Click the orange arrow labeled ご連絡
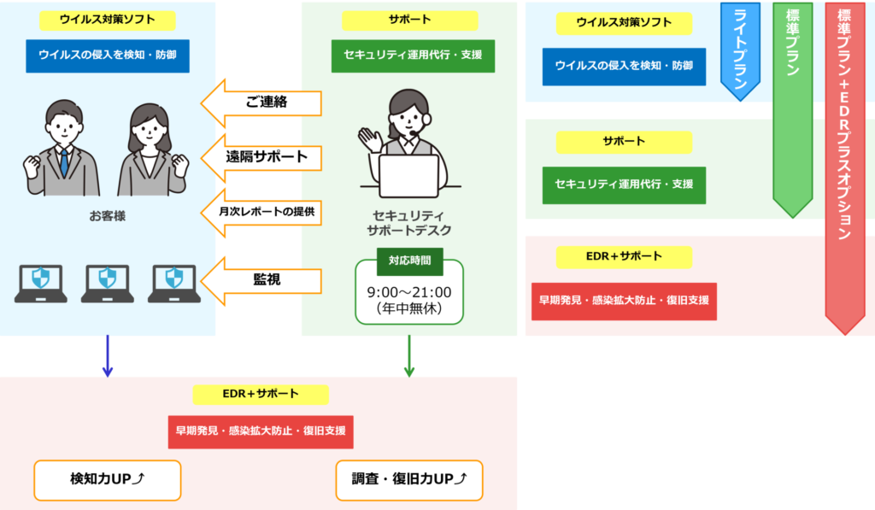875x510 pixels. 261,103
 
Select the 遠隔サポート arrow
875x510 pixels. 261,158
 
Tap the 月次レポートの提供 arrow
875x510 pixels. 261,213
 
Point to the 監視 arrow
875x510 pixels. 261,281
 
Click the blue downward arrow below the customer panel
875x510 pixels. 108,356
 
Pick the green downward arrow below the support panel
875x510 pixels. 409,356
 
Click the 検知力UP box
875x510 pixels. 108,480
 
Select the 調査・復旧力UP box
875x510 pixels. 409,480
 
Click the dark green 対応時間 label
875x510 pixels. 409,261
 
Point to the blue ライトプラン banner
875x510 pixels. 740,51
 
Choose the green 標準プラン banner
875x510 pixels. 792,110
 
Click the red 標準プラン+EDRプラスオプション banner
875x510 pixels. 845,168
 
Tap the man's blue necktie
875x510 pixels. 64,162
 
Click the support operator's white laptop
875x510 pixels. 409,176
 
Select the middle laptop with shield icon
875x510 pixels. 107,284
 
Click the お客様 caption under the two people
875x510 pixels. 108,216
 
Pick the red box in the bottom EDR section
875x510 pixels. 261,432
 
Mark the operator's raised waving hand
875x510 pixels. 369,139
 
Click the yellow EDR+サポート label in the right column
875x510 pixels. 624,257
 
